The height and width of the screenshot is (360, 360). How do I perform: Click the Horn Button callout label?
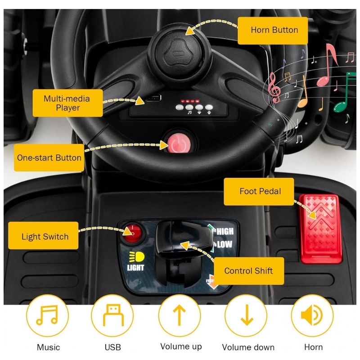(273, 31)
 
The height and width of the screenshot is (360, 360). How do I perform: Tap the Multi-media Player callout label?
(68, 103)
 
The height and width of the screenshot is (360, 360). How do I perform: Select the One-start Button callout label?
(49, 158)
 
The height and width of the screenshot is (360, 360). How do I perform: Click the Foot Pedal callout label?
(259, 192)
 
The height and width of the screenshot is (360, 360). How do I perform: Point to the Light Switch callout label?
(43, 236)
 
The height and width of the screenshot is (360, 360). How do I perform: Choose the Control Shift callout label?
(249, 271)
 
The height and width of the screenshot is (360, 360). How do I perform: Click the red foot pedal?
(321, 229)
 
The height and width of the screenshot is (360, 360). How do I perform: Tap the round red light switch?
(132, 233)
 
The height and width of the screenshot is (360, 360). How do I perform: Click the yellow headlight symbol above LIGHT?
(137, 257)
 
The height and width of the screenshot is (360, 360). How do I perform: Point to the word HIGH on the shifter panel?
(225, 231)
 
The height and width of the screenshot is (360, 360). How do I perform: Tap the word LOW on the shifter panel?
(224, 244)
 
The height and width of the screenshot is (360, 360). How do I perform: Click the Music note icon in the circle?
(47, 315)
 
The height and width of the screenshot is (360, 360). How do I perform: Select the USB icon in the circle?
(113, 315)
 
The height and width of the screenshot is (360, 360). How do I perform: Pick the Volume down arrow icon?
(247, 315)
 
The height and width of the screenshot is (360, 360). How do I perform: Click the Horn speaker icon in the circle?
(312, 315)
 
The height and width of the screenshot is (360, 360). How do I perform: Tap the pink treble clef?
(274, 87)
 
